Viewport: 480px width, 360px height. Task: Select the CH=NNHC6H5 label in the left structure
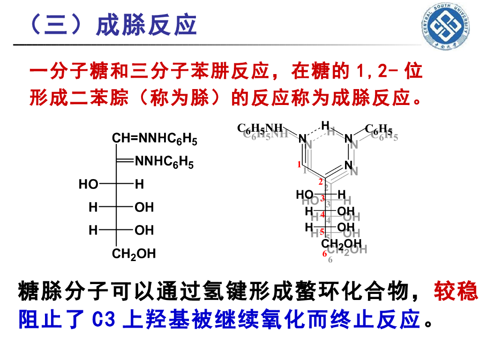154,139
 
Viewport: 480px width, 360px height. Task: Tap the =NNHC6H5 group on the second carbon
164,162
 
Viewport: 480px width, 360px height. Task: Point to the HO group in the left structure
88,185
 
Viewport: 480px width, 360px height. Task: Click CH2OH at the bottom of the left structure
134,254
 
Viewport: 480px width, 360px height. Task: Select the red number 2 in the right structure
321,182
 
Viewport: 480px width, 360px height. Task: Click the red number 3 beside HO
322,199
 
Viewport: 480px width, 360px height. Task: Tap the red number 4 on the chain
322,215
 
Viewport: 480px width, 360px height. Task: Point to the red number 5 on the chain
322,231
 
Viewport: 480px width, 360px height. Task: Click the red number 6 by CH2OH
324,254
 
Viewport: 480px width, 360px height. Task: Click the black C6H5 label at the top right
378,128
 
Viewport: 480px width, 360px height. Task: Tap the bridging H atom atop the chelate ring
325,125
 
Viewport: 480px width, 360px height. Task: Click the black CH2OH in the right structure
341,243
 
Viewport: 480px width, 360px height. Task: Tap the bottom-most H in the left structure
93,230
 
